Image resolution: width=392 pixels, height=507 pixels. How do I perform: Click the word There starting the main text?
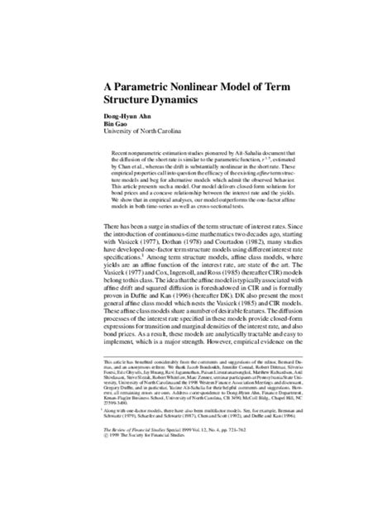click(x=115, y=227)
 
